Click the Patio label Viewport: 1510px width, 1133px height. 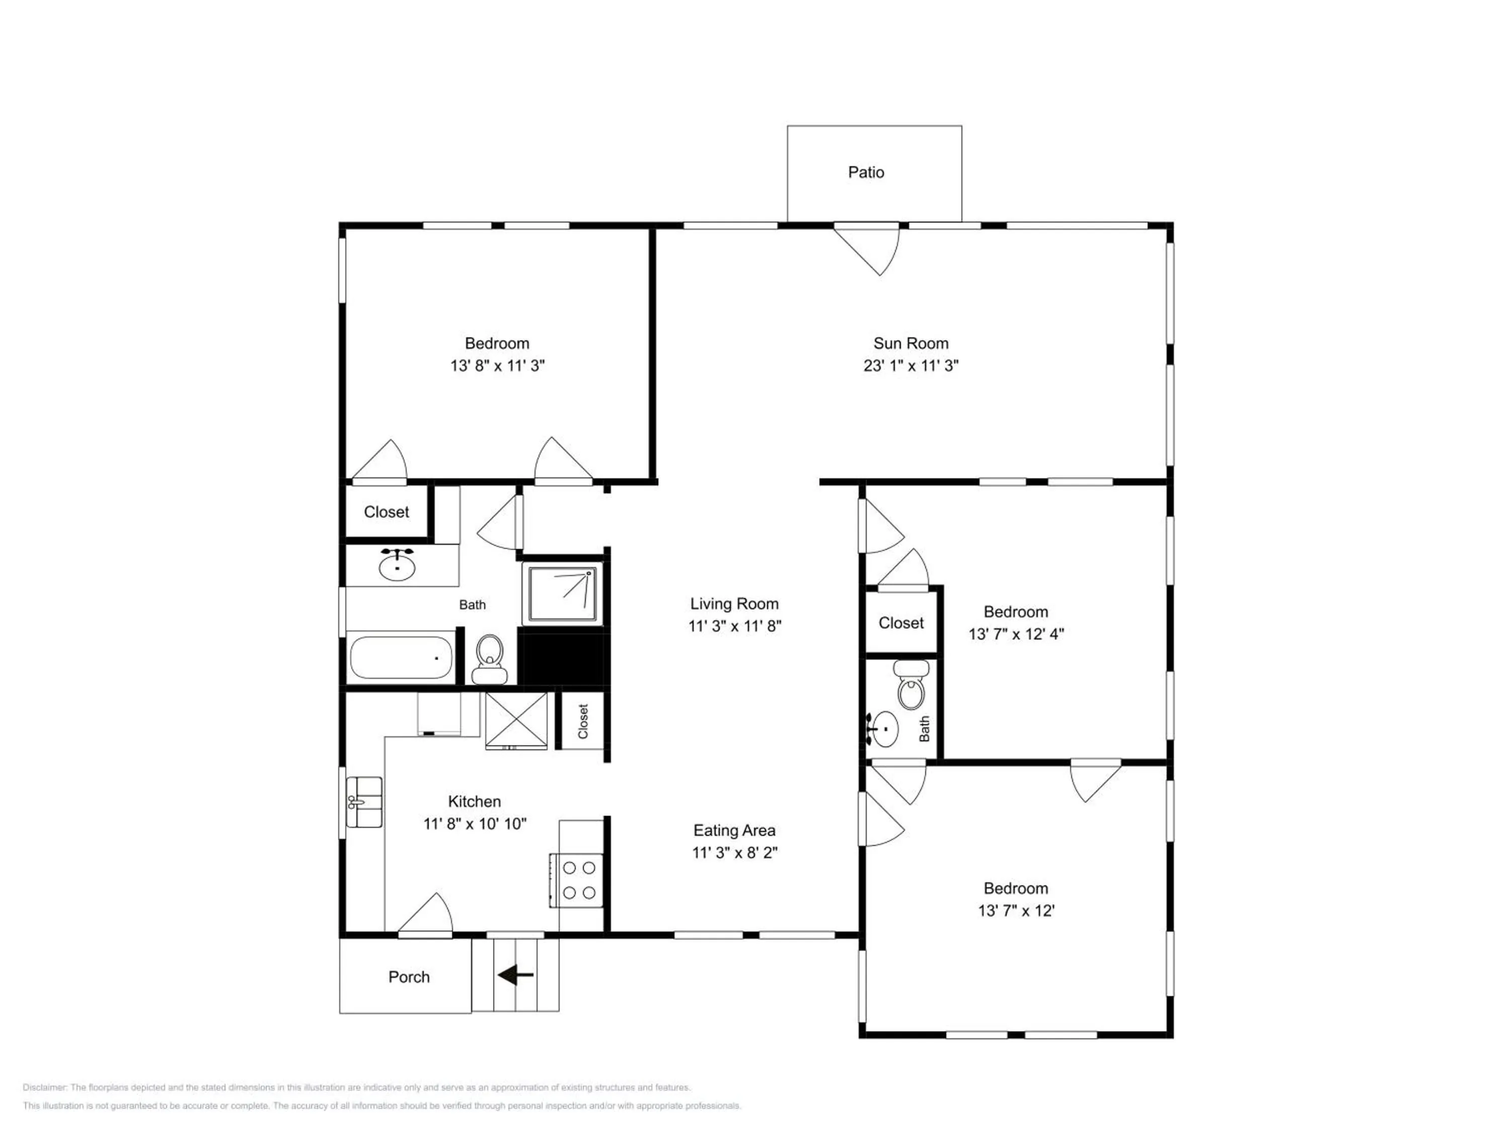click(x=866, y=172)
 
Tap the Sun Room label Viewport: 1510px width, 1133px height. click(x=911, y=343)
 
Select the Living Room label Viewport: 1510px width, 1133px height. click(x=734, y=604)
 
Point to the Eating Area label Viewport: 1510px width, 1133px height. click(x=734, y=830)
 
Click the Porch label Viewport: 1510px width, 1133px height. click(x=409, y=977)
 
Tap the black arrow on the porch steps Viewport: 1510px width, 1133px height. click(x=515, y=975)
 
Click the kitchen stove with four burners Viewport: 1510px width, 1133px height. click(x=577, y=880)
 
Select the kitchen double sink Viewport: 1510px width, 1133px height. click(x=364, y=802)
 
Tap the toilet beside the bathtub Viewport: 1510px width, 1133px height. click(x=489, y=659)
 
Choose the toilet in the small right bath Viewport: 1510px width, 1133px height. click(x=912, y=685)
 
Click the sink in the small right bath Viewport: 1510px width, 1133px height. click(x=883, y=729)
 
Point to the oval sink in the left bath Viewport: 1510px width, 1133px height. click(x=397, y=566)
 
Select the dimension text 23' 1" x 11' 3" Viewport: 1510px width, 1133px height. click(x=911, y=366)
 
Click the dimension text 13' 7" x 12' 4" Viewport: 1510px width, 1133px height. click(x=1016, y=634)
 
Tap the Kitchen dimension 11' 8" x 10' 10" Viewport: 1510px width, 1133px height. click(x=475, y=824)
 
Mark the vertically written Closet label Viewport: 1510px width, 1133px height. click(x=583, y=721)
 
